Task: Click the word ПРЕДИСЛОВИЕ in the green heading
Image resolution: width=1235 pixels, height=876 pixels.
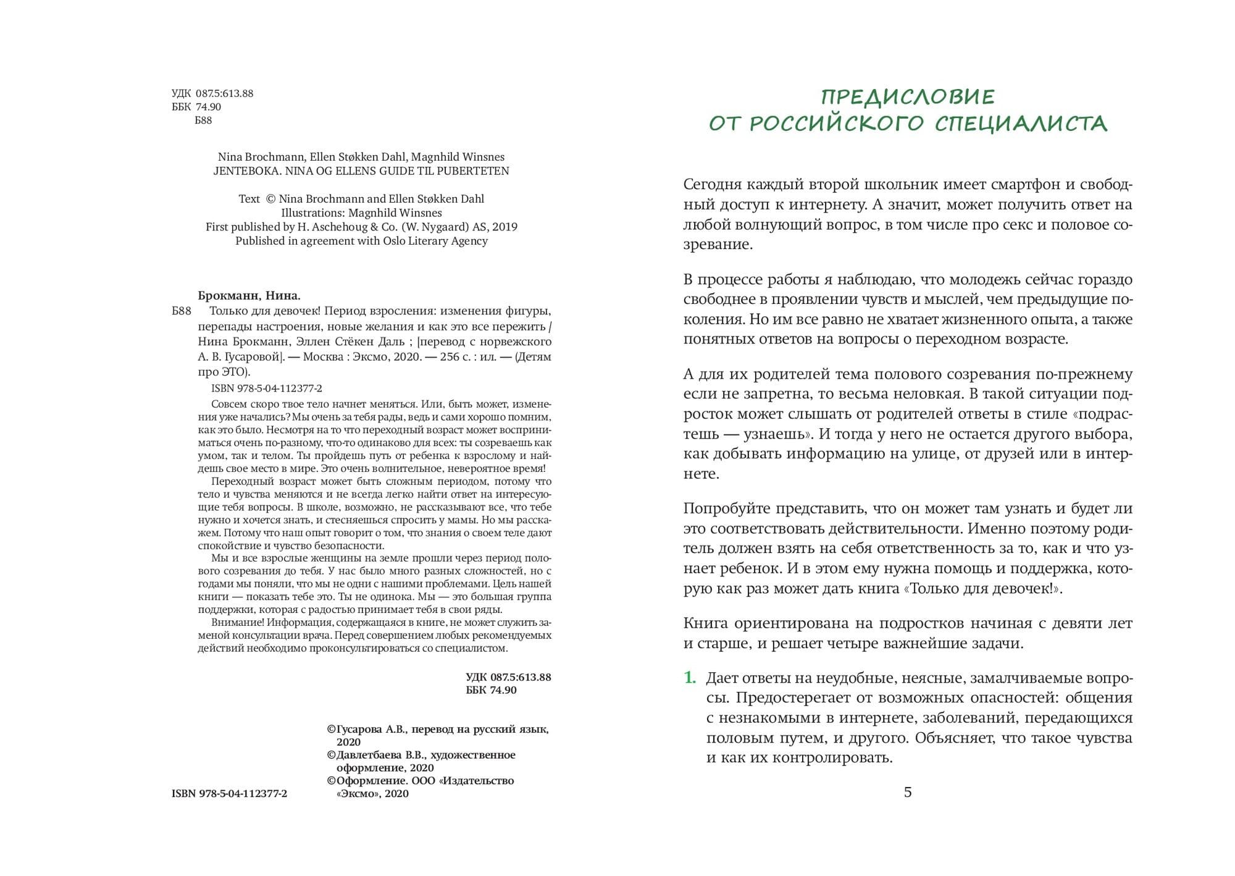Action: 907,97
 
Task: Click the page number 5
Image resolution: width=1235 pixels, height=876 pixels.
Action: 907,792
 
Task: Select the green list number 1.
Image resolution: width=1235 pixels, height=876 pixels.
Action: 690,678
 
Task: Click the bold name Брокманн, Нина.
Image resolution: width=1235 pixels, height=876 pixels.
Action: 249,295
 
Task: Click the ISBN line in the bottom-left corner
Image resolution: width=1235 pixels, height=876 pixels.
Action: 229,794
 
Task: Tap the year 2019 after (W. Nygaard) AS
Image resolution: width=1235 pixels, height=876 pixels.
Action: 504,227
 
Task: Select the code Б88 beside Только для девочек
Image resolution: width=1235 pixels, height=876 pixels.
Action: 182,311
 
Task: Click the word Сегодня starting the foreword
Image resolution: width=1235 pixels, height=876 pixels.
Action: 715,185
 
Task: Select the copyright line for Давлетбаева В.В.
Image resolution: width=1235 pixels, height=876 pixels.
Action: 421,755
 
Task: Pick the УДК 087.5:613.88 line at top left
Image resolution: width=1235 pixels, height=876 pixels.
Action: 212,94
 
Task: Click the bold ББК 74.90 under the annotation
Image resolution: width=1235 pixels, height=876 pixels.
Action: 491,690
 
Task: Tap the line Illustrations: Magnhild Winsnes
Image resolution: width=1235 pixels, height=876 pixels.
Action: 361,213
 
